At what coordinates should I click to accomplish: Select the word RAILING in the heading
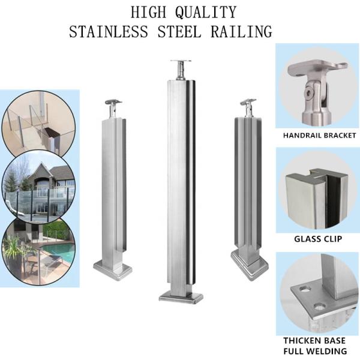242,31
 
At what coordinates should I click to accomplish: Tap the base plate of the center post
181,298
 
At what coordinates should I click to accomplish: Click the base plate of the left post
112,271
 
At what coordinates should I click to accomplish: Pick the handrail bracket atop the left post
113,107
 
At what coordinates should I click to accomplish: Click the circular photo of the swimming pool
38,248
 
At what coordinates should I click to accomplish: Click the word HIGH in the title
146,11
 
